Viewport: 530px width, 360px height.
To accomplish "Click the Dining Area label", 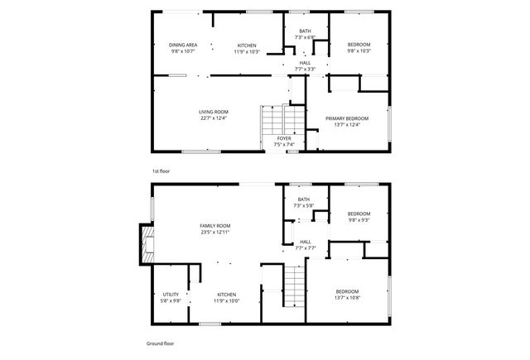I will tap(183, 45).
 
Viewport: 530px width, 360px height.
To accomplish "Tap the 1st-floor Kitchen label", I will tap(247, 45).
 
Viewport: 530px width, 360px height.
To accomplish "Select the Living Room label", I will tap(213, 112).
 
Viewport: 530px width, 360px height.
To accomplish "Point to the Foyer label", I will tap(284, 138).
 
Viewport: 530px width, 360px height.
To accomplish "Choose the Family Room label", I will tap(214, 226).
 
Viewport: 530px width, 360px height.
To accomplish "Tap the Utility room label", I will tap(171, 294).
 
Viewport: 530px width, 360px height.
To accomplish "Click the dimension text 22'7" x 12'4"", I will tap(213, 118).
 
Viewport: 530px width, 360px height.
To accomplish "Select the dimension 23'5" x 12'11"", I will tap(214, 233).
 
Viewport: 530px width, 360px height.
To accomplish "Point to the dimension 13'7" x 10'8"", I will tap(347, 298).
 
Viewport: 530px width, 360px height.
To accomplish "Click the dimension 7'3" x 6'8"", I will tap(306, 37).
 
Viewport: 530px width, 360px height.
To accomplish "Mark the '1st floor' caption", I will tap(161, 170).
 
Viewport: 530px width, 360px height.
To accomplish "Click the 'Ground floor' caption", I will tap(160, 342).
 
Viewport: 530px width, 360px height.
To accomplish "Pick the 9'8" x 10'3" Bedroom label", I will tap(359, 45).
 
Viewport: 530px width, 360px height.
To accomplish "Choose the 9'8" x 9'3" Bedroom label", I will tap(359, 213).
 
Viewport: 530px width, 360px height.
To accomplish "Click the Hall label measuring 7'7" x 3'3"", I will tap(306, 62).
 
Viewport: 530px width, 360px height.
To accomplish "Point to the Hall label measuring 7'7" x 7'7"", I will tap(306, 241).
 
